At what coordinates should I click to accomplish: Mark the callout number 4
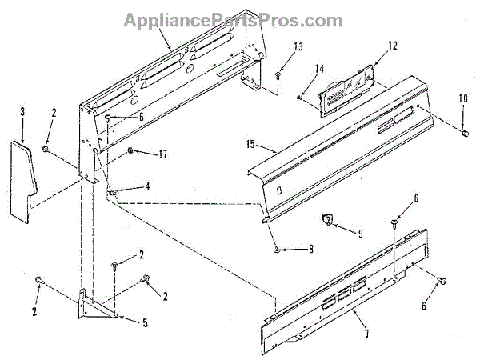click(146, 187)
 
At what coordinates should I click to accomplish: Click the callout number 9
click(359, 234)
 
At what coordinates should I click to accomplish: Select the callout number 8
click(310, 250)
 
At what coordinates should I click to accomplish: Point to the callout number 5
click(145, 323)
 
